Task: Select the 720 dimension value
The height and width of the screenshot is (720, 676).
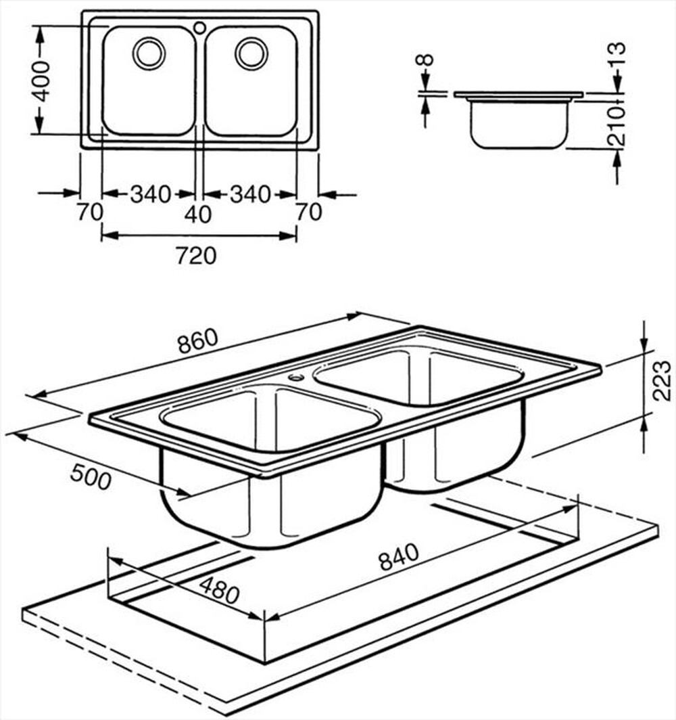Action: [195, 256]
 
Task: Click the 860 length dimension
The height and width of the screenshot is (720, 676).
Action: [197, 342]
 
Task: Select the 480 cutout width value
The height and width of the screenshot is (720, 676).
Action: [218, 589]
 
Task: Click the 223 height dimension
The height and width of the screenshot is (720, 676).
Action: [663, 380]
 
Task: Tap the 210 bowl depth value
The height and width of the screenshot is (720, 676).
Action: [616, 126]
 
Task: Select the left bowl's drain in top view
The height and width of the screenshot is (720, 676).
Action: [148, 53]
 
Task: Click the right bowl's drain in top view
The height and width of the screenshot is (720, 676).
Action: [251, 53]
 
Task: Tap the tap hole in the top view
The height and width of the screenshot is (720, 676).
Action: [199, 28]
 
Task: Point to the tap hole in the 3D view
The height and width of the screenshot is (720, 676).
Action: [296, 376]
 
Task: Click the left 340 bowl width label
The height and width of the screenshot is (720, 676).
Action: [150, 195]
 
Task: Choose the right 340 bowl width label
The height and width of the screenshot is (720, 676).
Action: [250, 195]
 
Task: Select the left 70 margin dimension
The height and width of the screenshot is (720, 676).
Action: [89, 212]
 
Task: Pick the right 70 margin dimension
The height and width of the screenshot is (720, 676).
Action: [309, 212]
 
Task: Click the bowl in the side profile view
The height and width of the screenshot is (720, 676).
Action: [519, 125]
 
